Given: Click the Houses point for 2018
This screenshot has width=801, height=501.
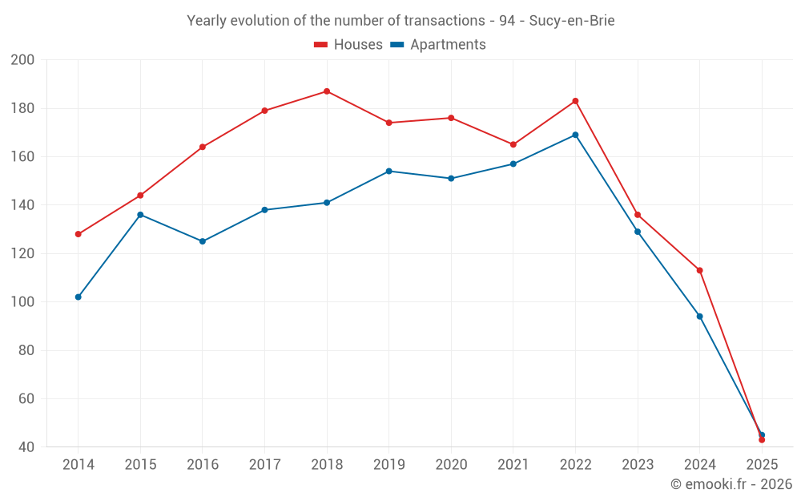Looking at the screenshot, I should pos(327,91).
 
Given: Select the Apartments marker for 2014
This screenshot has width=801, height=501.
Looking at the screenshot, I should pos(78,297).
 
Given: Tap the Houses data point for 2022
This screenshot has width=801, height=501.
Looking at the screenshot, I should pos(575,101).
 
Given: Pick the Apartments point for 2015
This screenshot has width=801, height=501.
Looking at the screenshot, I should pos(140,215).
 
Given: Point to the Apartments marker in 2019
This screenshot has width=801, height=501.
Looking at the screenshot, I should pos(389,171).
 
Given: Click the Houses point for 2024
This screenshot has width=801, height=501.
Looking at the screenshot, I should pos(699,270).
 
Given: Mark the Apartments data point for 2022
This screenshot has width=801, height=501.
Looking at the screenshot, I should pos(575,135).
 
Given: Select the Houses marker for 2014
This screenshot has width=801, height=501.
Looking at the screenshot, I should pos(78,234).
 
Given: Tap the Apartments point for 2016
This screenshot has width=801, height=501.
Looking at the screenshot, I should pos(203,241).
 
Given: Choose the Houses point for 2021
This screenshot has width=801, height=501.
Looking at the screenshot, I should pos(513,144).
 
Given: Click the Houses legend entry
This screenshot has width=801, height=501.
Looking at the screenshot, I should pos(348,45).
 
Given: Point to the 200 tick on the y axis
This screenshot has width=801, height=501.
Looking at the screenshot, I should pos(23,60).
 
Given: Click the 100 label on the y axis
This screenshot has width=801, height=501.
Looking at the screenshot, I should pos(23,302).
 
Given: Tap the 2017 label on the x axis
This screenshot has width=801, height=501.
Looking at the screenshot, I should pos(264,465).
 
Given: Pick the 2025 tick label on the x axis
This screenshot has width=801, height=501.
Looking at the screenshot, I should pos(762,465).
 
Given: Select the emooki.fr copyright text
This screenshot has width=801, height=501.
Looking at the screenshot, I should pos(731,484).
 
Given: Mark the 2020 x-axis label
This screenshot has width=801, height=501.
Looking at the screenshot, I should pos(451,465).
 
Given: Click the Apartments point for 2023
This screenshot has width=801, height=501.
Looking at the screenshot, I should pos(638,232).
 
